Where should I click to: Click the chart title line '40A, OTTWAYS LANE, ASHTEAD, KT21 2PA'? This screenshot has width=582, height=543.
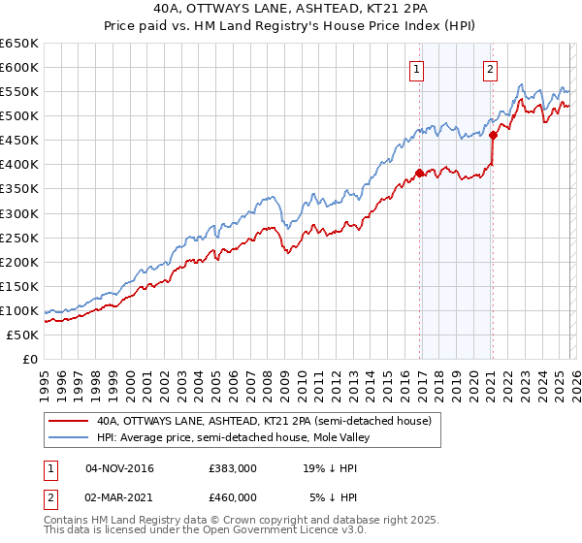pos(290,9)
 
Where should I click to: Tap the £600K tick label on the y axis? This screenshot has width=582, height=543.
pos(19,68)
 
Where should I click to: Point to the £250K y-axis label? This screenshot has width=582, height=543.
pos(19,238)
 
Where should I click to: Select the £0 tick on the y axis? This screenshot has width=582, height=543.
pos(30,359)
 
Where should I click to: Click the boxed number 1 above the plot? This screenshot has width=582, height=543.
pos(416,68)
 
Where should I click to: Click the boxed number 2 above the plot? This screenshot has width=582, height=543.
pos(490,68)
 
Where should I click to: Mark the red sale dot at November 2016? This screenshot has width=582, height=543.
pos(419,173)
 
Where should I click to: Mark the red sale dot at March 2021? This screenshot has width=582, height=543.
pos(493,135)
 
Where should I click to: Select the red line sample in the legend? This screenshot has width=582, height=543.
pos(68,421)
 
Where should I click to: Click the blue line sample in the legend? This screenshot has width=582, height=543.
pos(68,437)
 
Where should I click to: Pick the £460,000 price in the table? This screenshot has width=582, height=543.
pos(233,496)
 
